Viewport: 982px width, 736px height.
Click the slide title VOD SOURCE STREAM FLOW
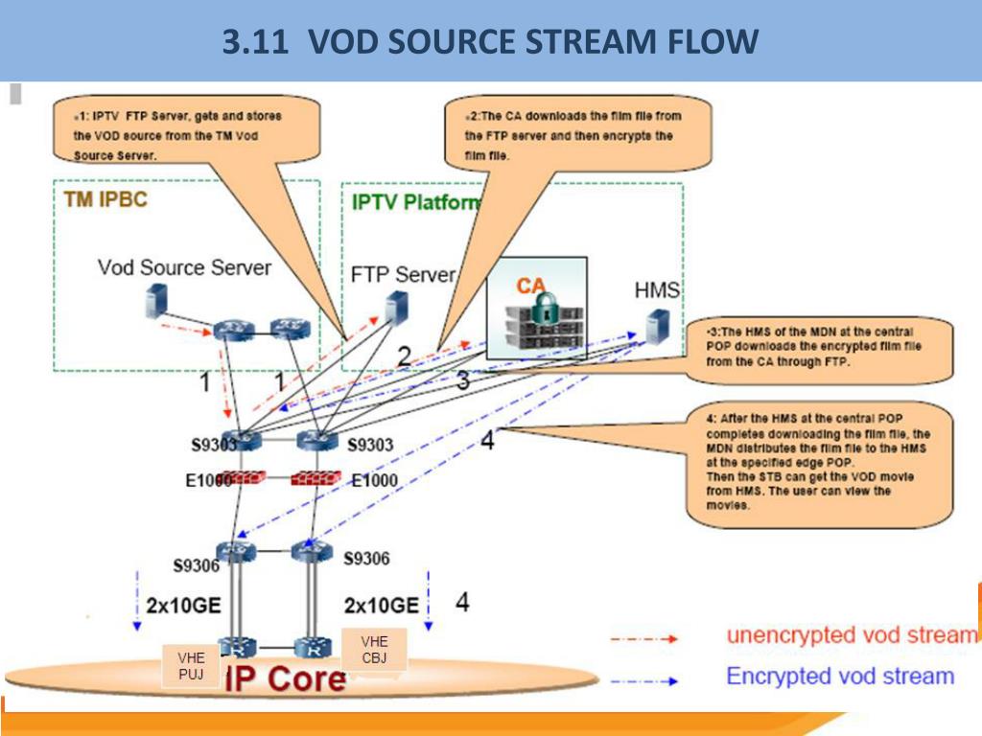(490, 42)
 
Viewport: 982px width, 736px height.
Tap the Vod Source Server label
(184, 267)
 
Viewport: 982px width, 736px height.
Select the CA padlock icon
(544, 310)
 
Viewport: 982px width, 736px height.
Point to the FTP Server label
(403, 275)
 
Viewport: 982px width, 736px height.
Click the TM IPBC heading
(105, 200)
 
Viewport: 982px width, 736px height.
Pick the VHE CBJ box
(374, 649)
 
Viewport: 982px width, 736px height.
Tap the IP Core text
(286, 678)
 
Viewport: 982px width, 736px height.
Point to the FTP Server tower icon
(392, 309)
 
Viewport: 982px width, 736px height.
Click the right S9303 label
(371, 445)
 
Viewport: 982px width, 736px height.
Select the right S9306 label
(366, 558)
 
